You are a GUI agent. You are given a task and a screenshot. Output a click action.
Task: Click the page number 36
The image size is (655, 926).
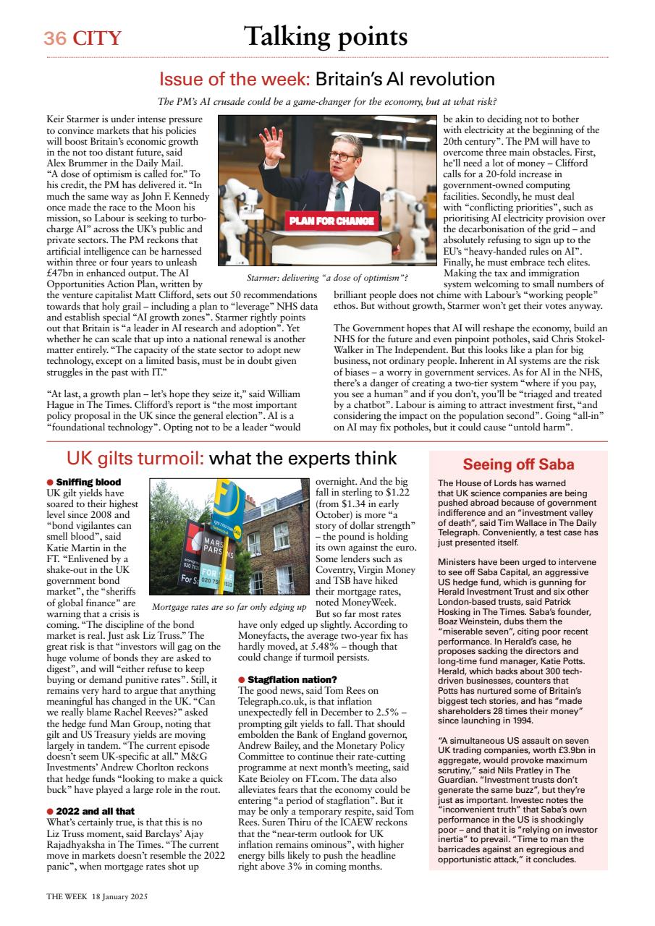pos(54,38)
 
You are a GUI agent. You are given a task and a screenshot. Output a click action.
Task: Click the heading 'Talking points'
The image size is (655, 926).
pos(325,35)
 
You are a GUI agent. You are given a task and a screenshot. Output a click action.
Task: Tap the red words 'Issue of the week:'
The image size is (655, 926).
pos(234,79)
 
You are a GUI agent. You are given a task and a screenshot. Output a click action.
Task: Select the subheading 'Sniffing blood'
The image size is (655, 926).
pos(88,482)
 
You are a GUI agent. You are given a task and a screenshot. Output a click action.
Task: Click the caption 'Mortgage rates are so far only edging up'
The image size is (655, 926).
pos(229,606)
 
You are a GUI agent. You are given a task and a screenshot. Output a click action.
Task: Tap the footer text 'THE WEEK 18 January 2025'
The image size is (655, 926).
pos(97,896)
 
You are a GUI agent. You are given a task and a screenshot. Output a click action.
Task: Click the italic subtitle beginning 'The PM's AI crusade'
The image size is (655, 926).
pos(327,101)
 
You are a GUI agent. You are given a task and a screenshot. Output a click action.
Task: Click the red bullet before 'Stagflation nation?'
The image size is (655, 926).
pos(242,680)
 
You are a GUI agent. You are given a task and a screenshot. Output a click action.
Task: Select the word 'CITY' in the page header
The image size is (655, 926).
pos(96,38)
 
